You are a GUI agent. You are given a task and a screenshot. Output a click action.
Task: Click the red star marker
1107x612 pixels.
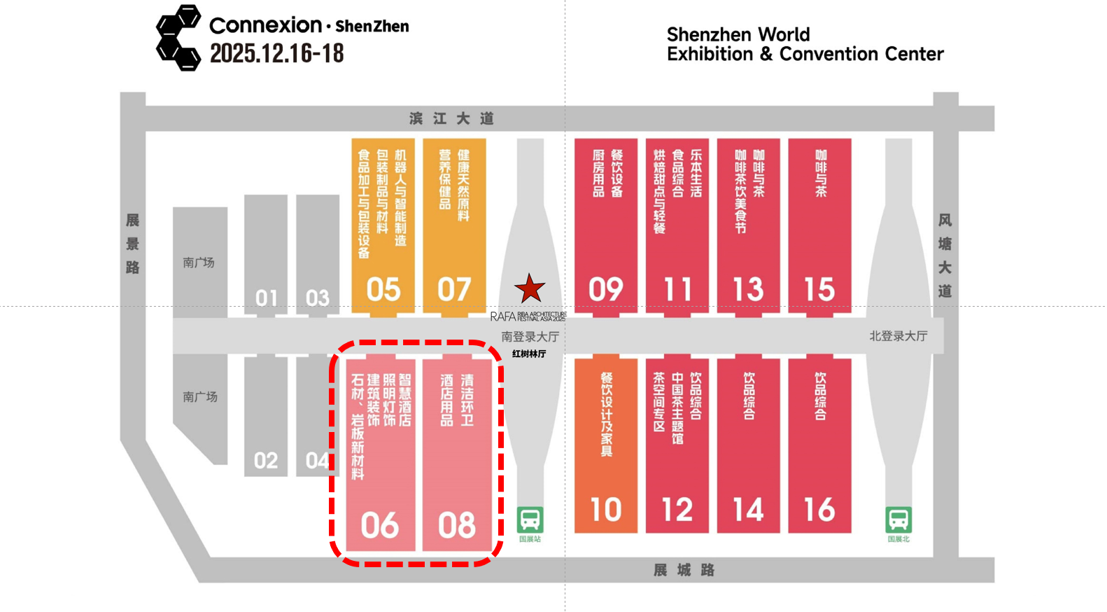[x=530, y=288]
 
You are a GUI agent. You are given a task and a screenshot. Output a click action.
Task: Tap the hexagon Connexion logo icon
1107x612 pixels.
[x=178, y=38]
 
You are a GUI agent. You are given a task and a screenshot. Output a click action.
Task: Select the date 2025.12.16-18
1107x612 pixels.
[x=277, y=53]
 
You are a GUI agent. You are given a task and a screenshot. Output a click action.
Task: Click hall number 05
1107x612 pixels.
[x=383, y=289]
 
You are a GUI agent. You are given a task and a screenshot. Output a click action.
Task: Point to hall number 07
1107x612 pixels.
[x=454, y=289]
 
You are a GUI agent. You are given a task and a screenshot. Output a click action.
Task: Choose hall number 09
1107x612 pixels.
[x=605, y=289]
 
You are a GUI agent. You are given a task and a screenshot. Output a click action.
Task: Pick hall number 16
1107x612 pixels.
[x=819, y=510]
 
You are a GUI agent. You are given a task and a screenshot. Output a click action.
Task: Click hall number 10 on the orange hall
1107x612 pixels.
[x=605, y=510]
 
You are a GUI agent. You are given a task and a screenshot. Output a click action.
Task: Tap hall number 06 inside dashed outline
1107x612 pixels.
[x=380, y=525]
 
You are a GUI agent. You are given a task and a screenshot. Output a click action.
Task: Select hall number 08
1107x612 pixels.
[x=457, y=525]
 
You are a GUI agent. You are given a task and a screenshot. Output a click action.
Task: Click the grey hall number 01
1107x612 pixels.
[x=266, y=298]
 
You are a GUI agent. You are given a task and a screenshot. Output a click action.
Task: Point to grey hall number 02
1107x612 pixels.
[x=266, y=461]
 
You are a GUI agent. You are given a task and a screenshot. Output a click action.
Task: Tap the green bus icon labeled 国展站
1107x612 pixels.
[x=530, y=520]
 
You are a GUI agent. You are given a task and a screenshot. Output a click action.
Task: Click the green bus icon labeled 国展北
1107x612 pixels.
[x=898, y=520]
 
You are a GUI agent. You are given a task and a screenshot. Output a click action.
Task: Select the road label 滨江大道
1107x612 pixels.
[x=452, y=118]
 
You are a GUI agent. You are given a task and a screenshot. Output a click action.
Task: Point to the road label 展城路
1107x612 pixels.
[x=684, y=570]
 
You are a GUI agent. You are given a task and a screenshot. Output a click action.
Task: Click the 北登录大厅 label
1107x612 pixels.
[x=898, y=336]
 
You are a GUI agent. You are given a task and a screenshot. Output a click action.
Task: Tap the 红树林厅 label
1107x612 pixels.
[x=529, y=354]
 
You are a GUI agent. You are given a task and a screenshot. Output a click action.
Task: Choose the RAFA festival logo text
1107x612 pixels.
[x=528, y=317]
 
